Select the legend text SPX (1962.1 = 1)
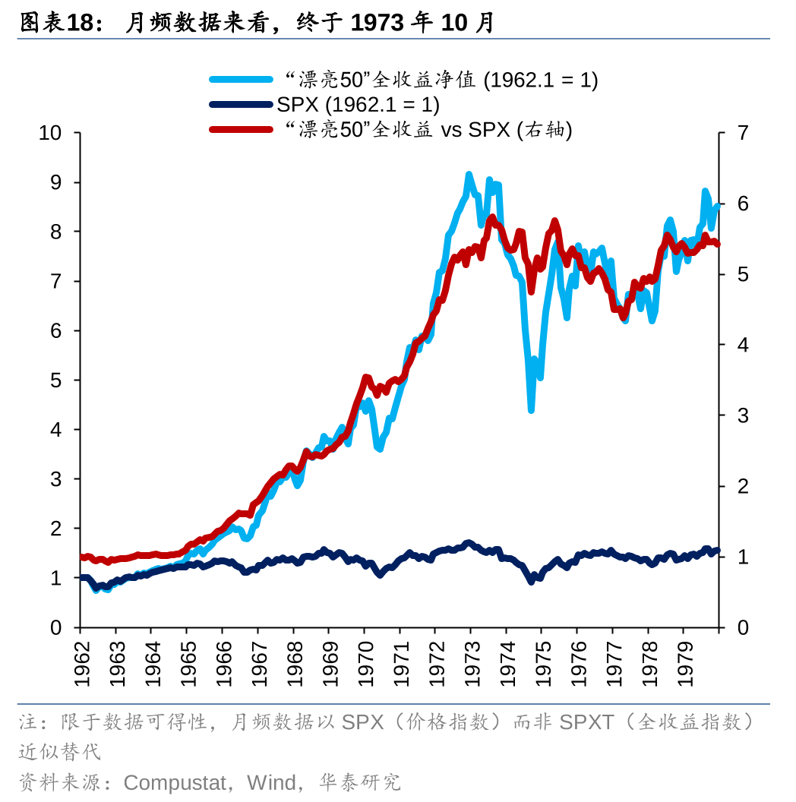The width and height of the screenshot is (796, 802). coord(358,104)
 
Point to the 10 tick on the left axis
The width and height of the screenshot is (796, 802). coord(50,133)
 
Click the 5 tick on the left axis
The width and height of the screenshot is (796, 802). coord(55,380)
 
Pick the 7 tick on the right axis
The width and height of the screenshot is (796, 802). coord(742,133)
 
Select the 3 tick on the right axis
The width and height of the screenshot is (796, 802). coord(742,415)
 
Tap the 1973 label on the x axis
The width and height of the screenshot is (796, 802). coord(471,663)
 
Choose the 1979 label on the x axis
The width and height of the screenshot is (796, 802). coord(684,663)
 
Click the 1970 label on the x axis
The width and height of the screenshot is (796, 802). coord(365,663)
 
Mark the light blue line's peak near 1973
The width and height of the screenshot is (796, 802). coord(469,175)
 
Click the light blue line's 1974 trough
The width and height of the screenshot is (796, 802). coord(531,410)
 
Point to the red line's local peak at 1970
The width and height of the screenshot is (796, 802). coord(366,377)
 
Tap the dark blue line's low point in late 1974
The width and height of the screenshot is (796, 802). coord(531,582)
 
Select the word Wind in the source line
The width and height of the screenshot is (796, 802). coord(270,782)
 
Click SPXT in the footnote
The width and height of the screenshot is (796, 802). coord(586,721)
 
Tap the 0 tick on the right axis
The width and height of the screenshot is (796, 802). coord(742,627)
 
